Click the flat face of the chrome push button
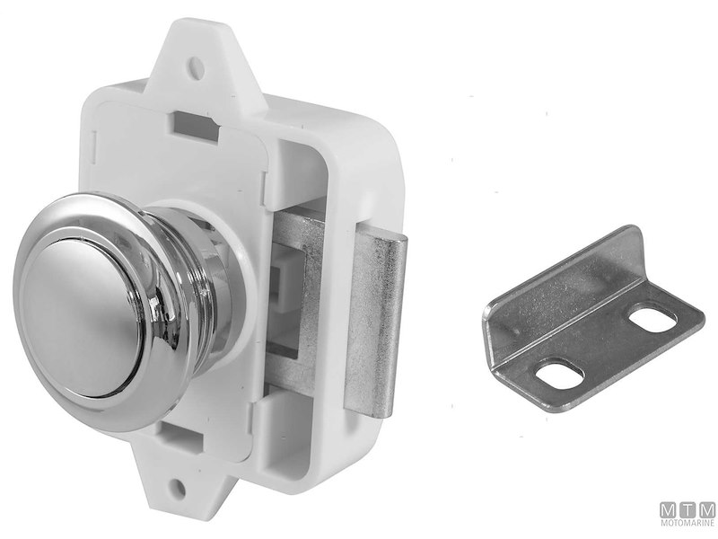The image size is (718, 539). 82,315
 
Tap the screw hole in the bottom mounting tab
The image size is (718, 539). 179,488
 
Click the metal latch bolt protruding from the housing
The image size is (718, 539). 374,321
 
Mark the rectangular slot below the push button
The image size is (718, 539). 182,436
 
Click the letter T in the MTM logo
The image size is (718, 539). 688,509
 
